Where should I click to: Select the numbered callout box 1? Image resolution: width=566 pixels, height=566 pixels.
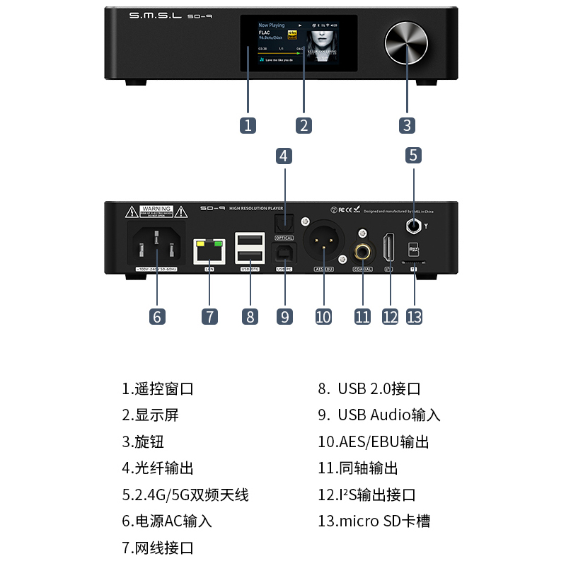[x=247, y=125]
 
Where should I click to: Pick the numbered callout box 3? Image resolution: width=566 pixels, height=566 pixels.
[x=407, y=125]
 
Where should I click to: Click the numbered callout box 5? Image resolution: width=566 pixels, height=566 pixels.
[x=413, y=155]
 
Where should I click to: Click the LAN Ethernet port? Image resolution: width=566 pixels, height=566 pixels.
[x=209, y=250]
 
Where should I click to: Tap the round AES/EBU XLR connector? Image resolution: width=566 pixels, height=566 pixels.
[x=323, y=241]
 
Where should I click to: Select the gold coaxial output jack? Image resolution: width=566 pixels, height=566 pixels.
[x=363, y=250]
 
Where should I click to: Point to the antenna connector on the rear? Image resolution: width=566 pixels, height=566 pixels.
[x=414, y=226]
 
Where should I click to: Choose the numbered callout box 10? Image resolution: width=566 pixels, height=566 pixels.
[x=323, y=316]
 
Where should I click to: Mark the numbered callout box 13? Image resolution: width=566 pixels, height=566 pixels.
[x=414, y=316]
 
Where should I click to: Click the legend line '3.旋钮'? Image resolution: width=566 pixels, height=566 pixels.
[x=143, y=441]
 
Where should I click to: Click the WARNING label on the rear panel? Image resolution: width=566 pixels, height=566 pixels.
[x=156, y=210]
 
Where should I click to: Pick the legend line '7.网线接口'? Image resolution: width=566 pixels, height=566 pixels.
[x=157, y=548]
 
